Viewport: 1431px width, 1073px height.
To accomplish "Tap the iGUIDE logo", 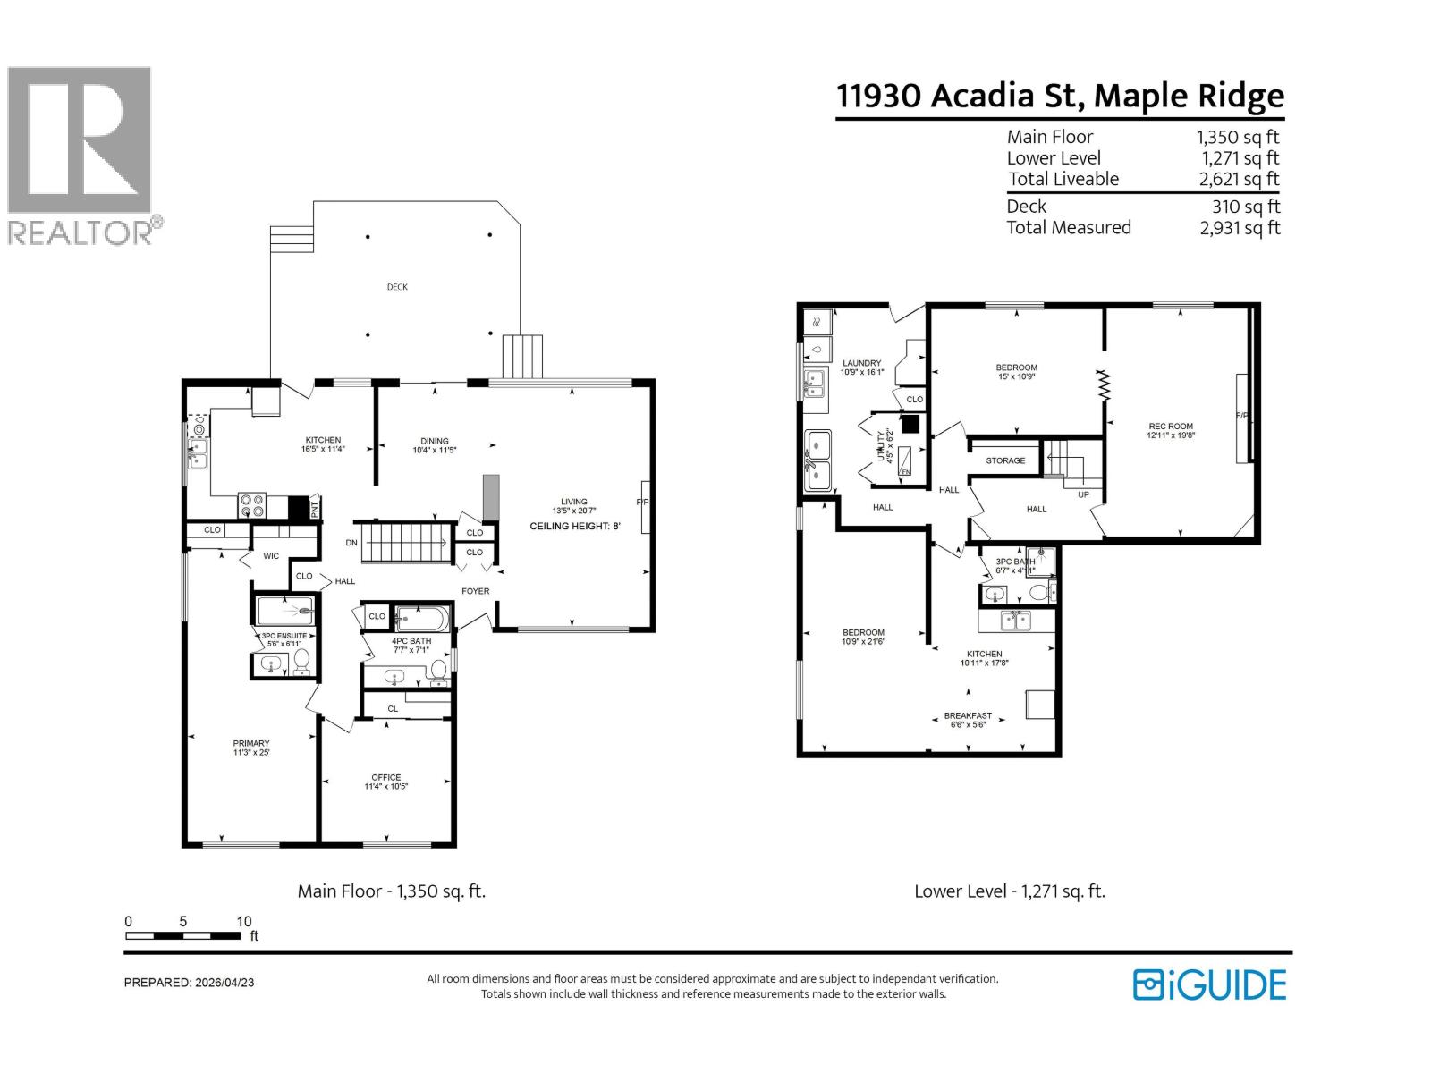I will coord(1209,984).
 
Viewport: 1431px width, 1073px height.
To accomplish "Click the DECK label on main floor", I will coord(397,287).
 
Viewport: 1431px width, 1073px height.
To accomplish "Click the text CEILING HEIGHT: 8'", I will coord(574,526).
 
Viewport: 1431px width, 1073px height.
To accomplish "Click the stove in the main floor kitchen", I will coord(251,506).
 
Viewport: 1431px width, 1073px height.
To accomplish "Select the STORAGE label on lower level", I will coord(1005,460).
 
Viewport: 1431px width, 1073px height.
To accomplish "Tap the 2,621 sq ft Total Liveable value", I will coord(1240,180).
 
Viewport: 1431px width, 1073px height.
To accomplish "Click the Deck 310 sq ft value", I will coord(1245,207).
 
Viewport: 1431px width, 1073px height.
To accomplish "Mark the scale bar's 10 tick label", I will coord(243,921).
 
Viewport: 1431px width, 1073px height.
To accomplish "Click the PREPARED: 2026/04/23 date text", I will coord(189,982).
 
